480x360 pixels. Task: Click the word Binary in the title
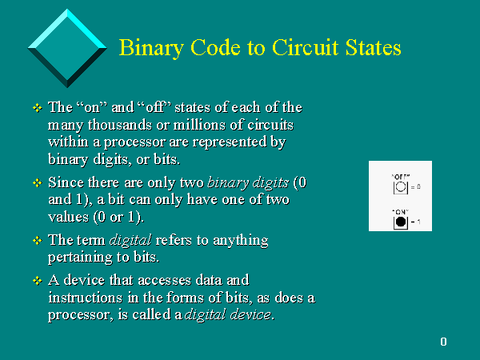(x=151, y=48)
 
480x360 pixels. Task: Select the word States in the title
(x=373, y=48)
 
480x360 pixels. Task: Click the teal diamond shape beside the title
(x=67, y=48)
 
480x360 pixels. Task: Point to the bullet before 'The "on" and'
(x=38, y=108)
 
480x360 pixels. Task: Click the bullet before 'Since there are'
(x=38, y=182)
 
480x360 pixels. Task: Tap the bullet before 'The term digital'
(x=38, y=240)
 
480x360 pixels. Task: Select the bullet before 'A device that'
(x=38, y=281)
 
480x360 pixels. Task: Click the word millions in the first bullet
(x=199, y=125)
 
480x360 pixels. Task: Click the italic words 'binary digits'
(x=248, y=183)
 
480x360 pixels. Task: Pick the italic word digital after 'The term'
(x=130, y=241)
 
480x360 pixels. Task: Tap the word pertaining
(x=81, y=258)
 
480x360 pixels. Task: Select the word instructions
(x=86, y=298)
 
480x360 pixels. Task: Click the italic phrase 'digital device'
(x=228, y=314)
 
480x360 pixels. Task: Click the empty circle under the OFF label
(x=401, y=187)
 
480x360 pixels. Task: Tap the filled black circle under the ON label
(x=401, y=222)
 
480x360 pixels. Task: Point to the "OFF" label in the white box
(x=401, y=177)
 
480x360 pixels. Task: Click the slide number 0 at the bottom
(x=443, y=342)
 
